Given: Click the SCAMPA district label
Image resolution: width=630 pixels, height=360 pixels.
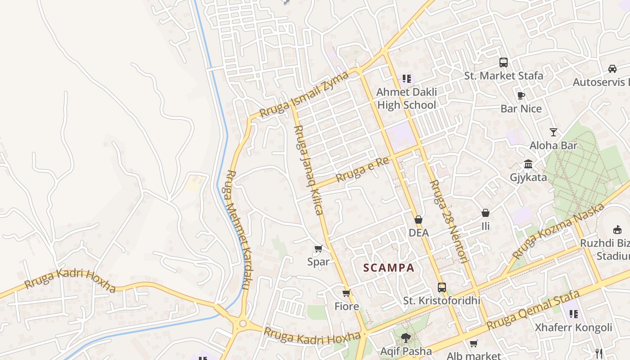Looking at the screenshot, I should [389, 268].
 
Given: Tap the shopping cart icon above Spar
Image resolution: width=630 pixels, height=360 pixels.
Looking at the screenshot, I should [319, 248].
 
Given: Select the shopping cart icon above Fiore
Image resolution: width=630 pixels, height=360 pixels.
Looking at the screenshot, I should [346, 293].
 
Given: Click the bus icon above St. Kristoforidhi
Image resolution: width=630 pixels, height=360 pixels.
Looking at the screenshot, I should [441, 287].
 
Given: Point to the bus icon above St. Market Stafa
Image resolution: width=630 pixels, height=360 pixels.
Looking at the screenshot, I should [504, 63].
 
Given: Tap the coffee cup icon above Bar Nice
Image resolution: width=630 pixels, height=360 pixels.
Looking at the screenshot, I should [521, 95].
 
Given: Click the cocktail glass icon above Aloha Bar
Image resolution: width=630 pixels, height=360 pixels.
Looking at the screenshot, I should [553, 132].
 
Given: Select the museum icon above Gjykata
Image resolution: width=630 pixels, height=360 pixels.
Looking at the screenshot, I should [528, 164].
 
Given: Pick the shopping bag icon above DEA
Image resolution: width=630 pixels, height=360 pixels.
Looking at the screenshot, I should [418, 220].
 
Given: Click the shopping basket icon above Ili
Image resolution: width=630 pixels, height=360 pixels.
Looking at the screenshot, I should [486, 213].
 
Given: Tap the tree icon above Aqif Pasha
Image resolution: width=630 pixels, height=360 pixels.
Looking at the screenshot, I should [406, 337].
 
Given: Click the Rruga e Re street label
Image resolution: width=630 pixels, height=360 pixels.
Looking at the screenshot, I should [362, 170].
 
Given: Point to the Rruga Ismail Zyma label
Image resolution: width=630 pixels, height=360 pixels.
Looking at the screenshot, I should [304, 94].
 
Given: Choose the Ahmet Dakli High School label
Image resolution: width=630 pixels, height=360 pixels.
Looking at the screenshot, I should [406, 99].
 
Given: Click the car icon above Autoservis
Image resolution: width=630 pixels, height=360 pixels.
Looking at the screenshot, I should [612, 69].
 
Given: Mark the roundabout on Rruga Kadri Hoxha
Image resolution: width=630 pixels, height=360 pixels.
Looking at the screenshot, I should [243, 323].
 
